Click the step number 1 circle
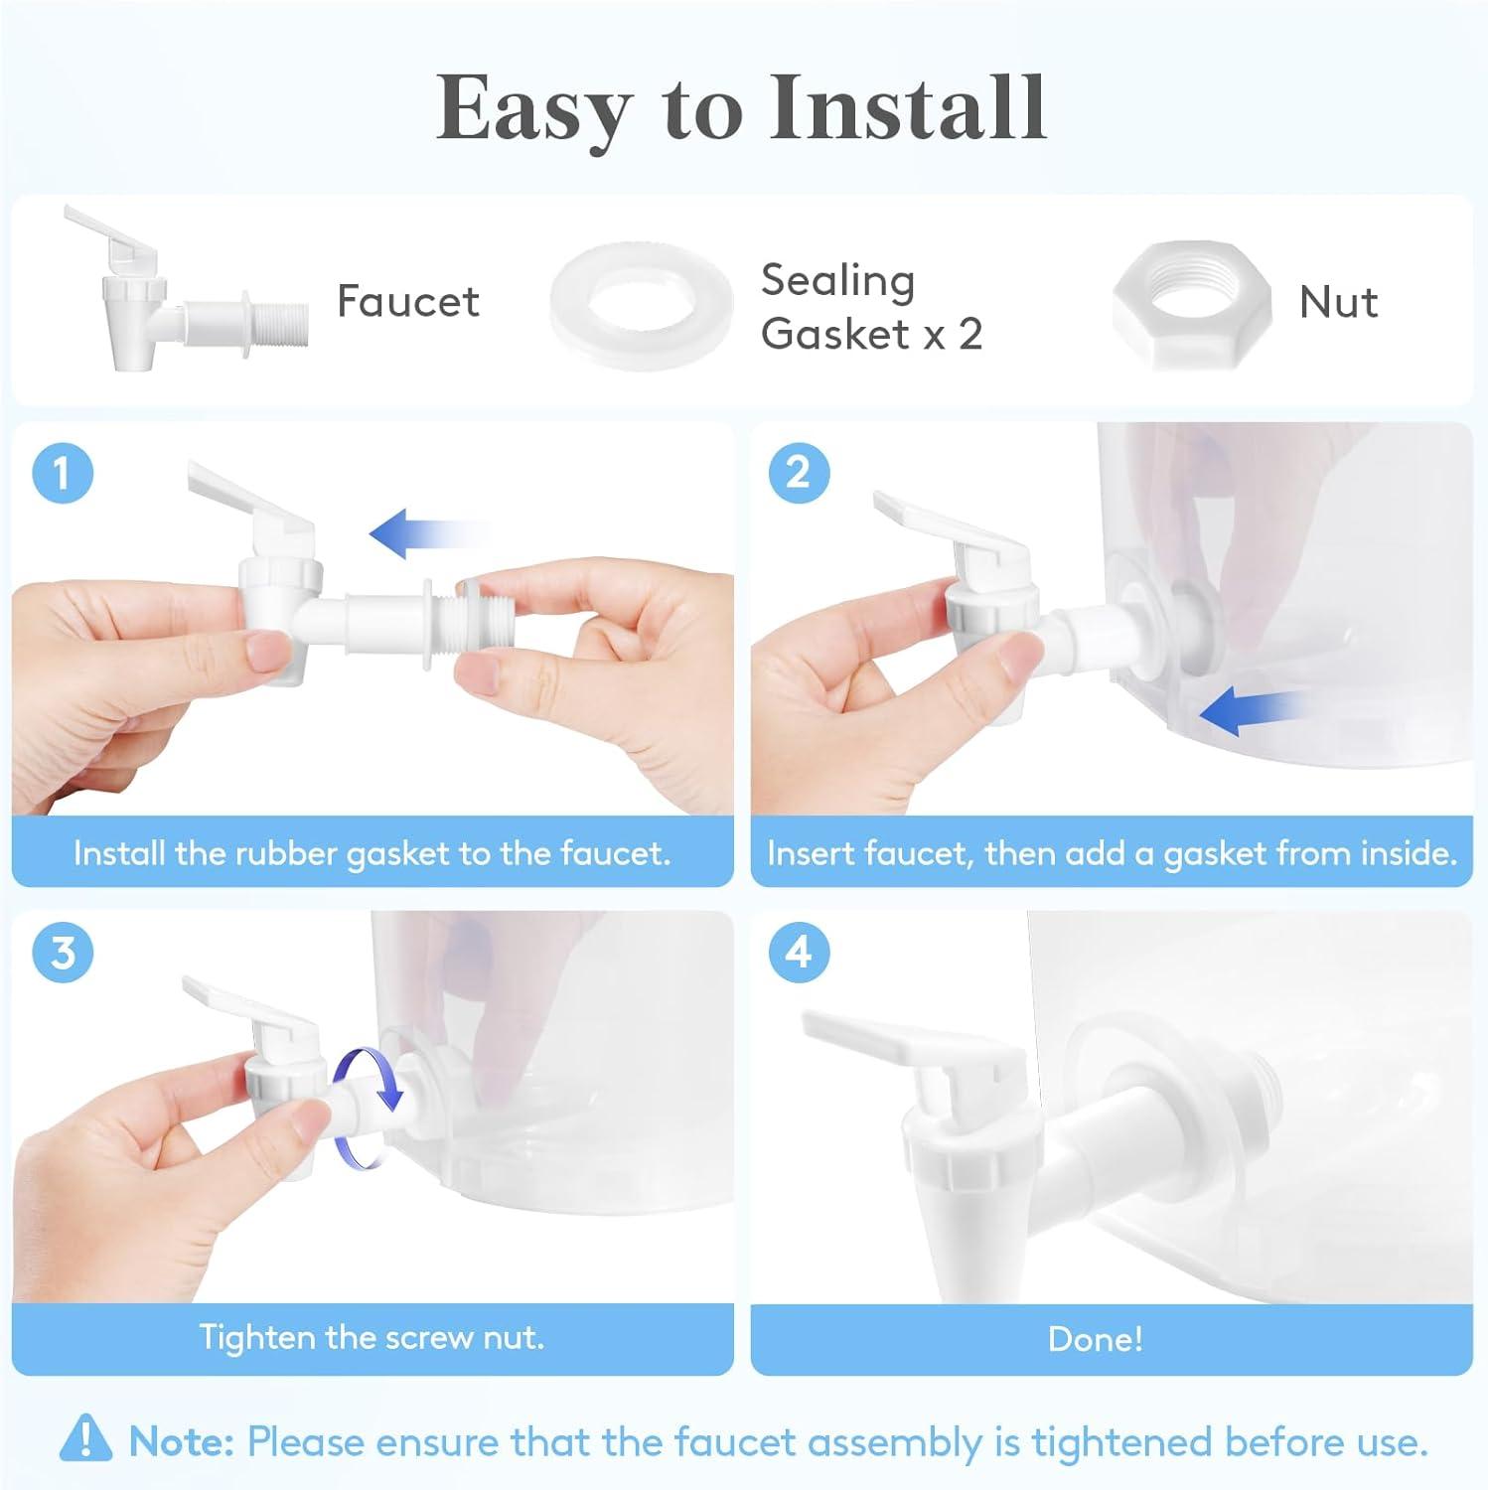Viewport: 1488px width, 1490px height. point(63,472)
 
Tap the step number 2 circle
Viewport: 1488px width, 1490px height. point(799,472)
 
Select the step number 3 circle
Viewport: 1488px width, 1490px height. point(63,952)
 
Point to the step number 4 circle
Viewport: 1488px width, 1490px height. point(799,952)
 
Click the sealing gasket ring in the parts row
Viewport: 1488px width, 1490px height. point(571,308)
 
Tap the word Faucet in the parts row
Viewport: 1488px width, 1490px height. point(408,301)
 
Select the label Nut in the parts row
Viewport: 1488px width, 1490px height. point(1338,302)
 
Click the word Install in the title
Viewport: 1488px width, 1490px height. point(908,107)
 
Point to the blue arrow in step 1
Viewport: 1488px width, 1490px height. point(429,533)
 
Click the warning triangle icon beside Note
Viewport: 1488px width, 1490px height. point(86,1438)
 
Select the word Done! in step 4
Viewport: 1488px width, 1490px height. point(1096,1339)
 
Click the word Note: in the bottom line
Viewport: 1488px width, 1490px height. point(182,1441)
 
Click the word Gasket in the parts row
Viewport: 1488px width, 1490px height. point(837,335)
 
